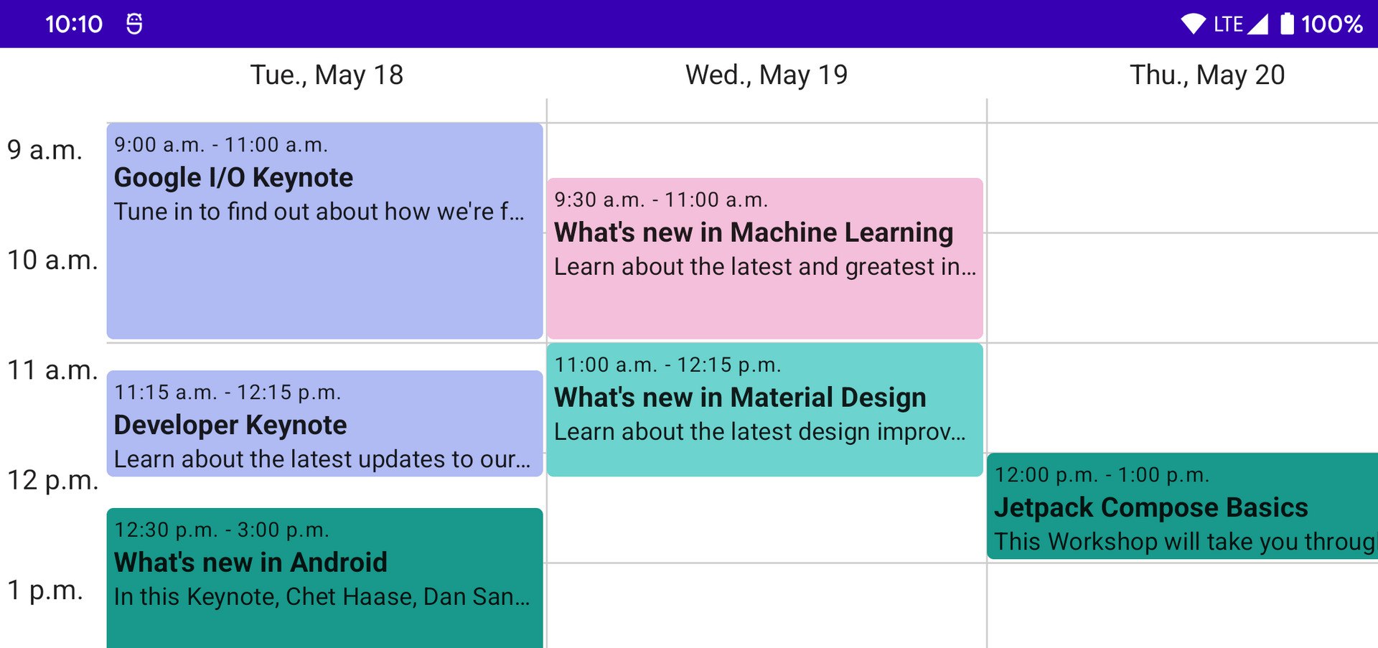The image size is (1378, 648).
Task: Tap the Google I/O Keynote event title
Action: (233, 178)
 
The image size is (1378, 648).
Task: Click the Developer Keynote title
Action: (230, 426)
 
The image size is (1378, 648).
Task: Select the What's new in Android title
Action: (250, 563)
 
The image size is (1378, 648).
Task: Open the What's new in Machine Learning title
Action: (754, 233)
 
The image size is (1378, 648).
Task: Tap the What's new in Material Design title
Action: (740, 398)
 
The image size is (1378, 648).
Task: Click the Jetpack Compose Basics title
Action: (1151, 507)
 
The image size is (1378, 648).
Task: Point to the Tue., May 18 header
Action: (327, 75)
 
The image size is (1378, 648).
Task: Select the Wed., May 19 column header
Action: (767, 75)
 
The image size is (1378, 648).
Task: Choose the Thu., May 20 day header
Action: (1207, 75)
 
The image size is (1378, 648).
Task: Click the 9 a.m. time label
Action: (44, 150)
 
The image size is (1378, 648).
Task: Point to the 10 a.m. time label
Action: (52, 260)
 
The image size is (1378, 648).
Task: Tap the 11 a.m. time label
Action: (52, 370)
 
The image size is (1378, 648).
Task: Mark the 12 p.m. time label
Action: (52, 480)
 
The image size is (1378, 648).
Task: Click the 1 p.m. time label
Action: (44, 590)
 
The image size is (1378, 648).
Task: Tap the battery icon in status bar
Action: (1288, 24)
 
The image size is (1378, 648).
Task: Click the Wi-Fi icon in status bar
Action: (1194, 24)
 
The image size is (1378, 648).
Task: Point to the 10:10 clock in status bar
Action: (74, 24)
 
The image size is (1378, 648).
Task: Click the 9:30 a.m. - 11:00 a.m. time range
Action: (661, 200)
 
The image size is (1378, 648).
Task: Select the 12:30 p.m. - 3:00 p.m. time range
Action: (222, 530)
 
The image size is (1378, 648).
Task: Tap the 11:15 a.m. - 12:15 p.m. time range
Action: (228, 393)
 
